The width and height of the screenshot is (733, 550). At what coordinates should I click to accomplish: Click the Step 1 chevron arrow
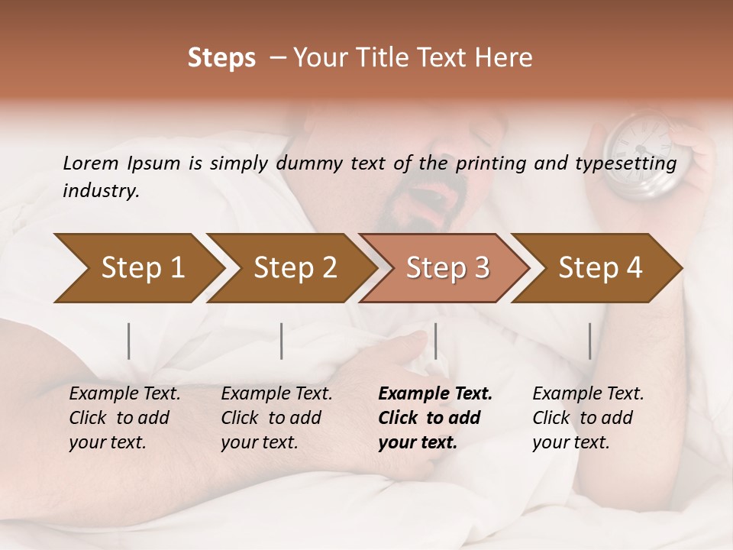tap(137, 267)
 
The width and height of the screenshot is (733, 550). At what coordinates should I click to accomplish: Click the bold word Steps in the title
tap(221, 58)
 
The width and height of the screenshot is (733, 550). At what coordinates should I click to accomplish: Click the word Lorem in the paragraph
tap(90, 163)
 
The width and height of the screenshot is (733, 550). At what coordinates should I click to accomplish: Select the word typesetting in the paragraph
tap(630, 163)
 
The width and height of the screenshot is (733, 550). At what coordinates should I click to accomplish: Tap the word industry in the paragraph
tap(101, 190)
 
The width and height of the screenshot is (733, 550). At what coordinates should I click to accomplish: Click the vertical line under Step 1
tap(129, 341)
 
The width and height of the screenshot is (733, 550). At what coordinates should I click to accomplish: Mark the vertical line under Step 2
tap(282, 341)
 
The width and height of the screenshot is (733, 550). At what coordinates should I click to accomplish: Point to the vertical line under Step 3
tap(435, 341)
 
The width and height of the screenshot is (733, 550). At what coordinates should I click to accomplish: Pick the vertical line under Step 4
tap(589, 341)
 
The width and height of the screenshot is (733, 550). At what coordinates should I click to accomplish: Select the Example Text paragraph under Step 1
tap(124, 418)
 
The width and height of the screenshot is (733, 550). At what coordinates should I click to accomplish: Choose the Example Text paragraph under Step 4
tap(588, 418)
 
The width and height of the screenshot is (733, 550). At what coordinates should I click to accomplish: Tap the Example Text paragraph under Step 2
tap(276, 418)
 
